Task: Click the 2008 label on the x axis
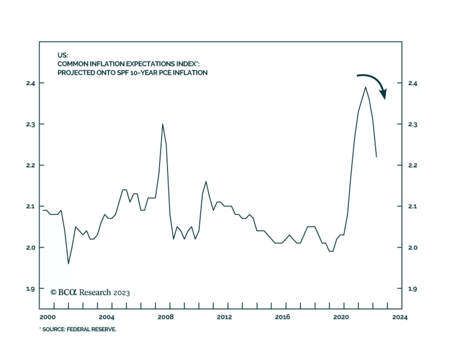[166, 317]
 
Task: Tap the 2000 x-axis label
[47, 317]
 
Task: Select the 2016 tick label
[282, 317]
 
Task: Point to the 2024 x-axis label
[400, 317]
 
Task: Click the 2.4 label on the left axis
[31, 83]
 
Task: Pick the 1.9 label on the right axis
[412, 289]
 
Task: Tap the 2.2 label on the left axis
[31, 165]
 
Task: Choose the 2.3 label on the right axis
[412, 125]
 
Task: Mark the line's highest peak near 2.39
[366, 87]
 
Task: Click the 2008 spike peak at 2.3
[162, 124]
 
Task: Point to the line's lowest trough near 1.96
[68, 264]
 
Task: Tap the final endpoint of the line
[376, 157]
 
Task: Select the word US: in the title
[63, 55]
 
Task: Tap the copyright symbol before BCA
[53, 292]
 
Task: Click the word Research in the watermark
[95, 292]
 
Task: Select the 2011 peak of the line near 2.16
[206, 182]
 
